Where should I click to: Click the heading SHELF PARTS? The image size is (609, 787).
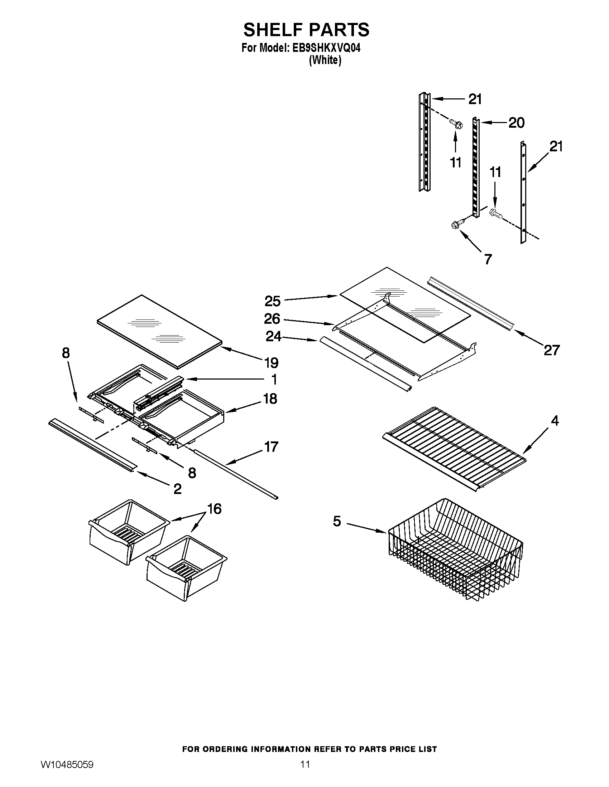pos(306,30)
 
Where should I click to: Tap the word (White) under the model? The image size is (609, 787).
pos(325,60)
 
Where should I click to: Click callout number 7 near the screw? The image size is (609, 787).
pos(488,259)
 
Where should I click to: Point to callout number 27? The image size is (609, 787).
pos(552,350)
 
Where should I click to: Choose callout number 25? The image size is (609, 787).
pos(272,301)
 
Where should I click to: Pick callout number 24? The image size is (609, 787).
pos(273,336)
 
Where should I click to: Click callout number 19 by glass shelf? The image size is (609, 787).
pos(271,363)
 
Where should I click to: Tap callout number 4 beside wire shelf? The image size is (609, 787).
pos(555,421)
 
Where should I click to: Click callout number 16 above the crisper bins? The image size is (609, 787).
pos(214,509)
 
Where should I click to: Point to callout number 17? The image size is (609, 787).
pos(271,447)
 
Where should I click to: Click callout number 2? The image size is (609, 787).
pos(177,489)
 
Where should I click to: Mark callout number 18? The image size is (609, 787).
pos(270,399)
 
